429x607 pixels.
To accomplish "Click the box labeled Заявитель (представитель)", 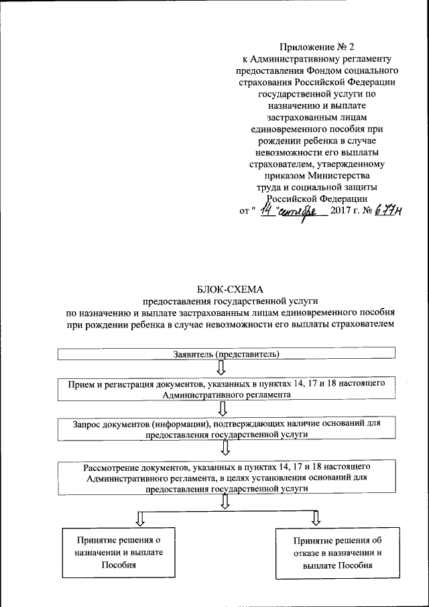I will point(226,353).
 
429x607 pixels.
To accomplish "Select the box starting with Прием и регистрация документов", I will point(226,389).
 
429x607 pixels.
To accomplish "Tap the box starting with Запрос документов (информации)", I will point(226,429).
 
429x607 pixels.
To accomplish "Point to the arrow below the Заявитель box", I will point(222,367).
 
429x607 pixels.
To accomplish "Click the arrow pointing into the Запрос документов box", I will point(222,408).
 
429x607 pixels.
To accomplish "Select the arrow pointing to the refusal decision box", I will point(316,517).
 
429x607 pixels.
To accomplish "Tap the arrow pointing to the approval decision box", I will point(140,517).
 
